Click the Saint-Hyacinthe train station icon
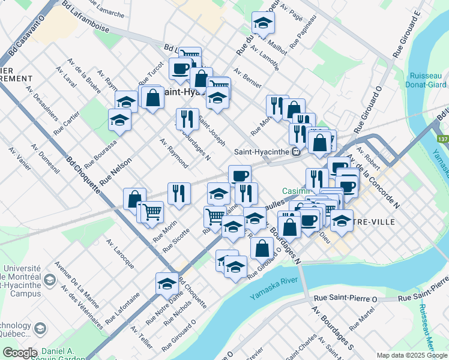click(x=296, y=152)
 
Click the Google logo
click(x=19, y=353)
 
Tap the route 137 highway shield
click(x=443, y=139)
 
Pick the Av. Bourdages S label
click(x=330, y=326)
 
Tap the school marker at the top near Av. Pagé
click(x=262, y=23)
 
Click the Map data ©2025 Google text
click(x=412, y=355)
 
